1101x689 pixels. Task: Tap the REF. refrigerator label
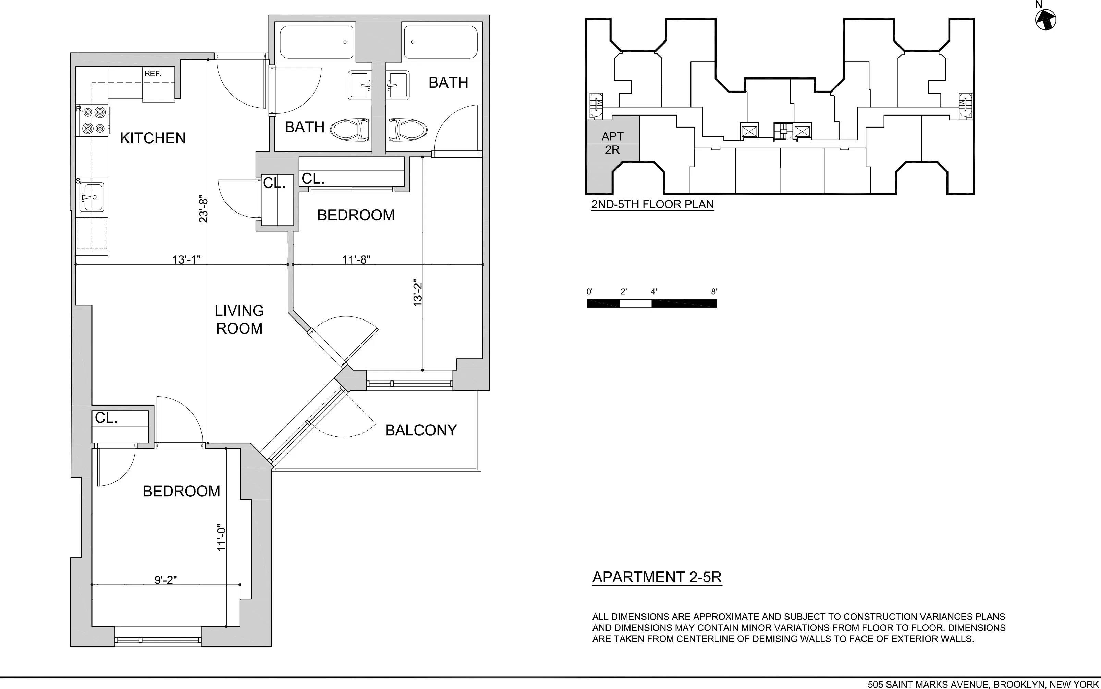[153, 74]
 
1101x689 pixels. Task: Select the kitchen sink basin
[93, 197]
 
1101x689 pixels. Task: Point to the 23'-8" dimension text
[203, 210]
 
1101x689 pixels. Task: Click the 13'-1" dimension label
[186, 259]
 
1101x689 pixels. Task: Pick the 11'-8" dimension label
[356, 259]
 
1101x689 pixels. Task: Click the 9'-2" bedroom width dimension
[166, 580]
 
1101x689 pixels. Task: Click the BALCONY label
[421, 430]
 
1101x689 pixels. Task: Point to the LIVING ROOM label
[239, 319]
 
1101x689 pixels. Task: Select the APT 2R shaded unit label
[612, 143]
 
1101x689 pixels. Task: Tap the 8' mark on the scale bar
[714, 292]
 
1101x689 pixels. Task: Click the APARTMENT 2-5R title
[657, 577]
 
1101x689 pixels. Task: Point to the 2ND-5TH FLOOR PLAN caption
[652, 204]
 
